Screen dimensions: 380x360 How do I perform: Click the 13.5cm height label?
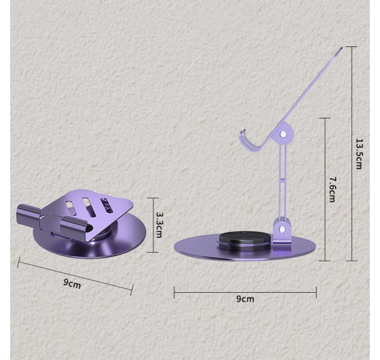coord(359,154)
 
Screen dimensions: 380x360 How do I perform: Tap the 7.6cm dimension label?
coord(332,190)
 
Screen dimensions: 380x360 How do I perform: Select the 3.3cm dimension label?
coord(159,225)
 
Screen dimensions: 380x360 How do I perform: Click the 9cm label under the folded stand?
coord(72,283)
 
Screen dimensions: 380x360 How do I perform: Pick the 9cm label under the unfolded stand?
coord(245,299)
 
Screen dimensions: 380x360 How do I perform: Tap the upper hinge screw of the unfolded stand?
coord(282,134)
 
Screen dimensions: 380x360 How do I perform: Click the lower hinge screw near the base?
coord(282,229)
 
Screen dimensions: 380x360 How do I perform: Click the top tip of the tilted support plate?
coord(341,48)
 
